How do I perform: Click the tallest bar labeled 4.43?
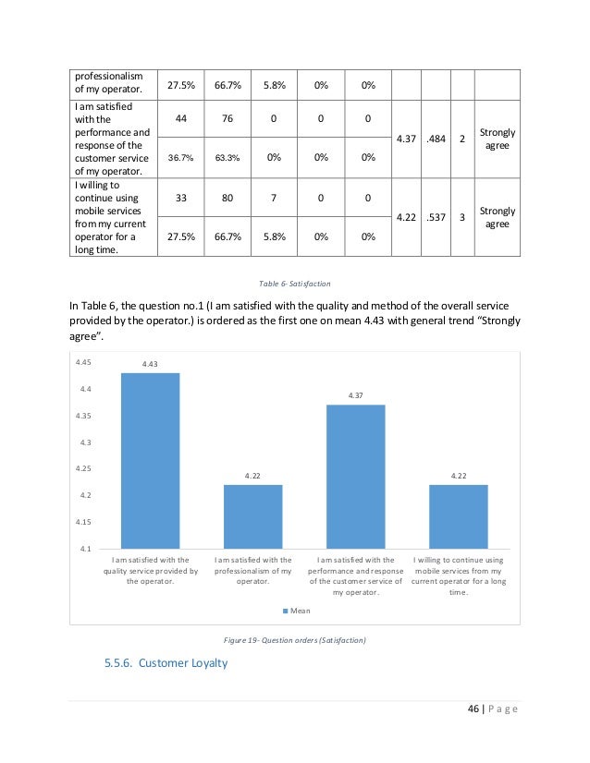[151, 460]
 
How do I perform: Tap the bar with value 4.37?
[355, 476]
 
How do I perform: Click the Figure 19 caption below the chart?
[294, 640]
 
